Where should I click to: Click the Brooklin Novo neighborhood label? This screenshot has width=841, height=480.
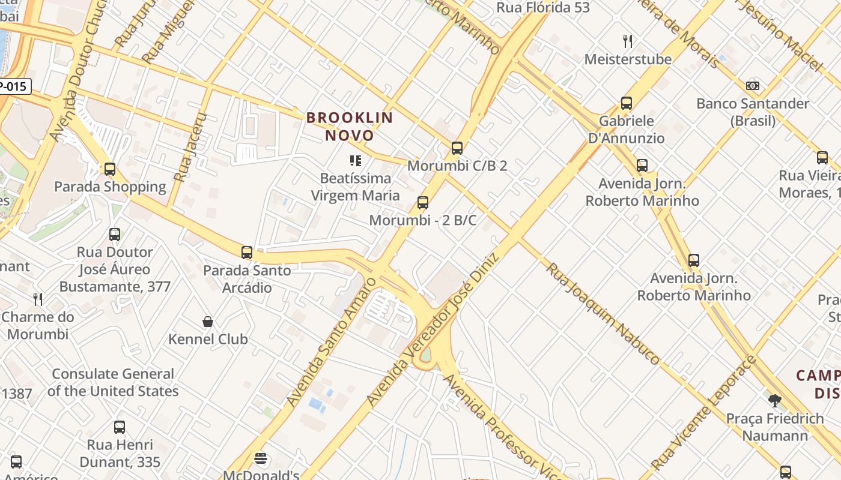point(350,127)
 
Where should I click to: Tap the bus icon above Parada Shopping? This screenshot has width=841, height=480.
point(109,169)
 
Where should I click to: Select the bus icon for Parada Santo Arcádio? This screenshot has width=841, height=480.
point(246,253)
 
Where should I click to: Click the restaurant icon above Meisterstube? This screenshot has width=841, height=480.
point(628,41)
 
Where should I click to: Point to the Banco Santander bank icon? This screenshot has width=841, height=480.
point(752,86)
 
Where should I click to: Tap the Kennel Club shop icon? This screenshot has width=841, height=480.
point(208,322)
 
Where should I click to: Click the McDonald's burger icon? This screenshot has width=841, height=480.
point(260,459)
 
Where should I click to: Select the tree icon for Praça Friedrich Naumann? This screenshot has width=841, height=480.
point(774,400)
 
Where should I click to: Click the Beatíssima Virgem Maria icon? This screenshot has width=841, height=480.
point(355,161)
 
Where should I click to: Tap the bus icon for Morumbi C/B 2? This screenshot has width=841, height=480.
point(457,148)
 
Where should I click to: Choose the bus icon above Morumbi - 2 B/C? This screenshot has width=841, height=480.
point(423,203)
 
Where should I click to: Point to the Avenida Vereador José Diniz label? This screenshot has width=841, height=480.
point(433,329)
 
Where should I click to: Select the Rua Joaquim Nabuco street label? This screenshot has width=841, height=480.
point(603,313)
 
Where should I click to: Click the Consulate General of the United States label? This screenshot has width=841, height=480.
point(113,383)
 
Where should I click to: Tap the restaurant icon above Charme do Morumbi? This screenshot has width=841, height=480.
point(38,299)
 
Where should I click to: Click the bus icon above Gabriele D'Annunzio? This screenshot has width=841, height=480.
point(627,103)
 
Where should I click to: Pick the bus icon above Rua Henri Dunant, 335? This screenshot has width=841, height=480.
point(120,427)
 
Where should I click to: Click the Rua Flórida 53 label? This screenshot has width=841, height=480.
point(543,8)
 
